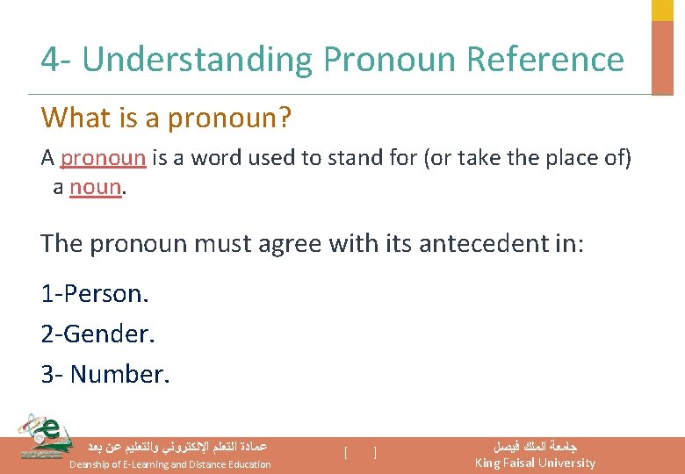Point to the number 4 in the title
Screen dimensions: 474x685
pyautogui.click(x=49, y=60)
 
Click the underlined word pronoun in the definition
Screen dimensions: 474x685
pyautogui.click(x=103, y=158)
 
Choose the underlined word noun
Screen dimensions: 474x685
pyautogui.click(x=95, y=187)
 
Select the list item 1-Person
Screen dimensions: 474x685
pyautogui.click(x=95, y=293)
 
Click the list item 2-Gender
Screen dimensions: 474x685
pyautogui.click(x=97, y=334)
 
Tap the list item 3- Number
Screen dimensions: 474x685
pyautogui.click(x=105, y=374)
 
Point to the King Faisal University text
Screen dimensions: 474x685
pyautogui.click(x=535, y=463)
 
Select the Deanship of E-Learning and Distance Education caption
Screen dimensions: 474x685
pyautogui.click(x=169, y=464)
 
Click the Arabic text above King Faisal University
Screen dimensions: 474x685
pyautogui.click(x=535, y=446)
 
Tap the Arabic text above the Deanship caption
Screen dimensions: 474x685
pyautogui.click(x=176, y=446)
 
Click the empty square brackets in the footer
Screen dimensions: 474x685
pyautogui.click(x=360, y=453)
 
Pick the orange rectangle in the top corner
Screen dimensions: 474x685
pyautogui.click(x=661, y=56)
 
